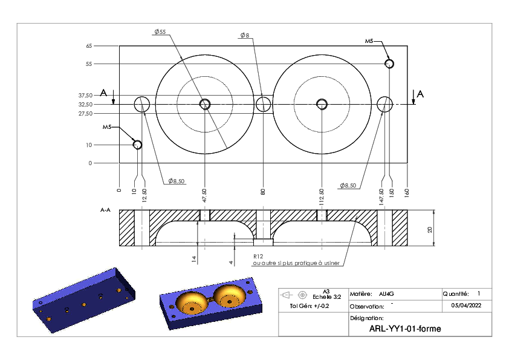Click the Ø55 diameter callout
[160, 31]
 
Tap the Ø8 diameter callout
[245, 35]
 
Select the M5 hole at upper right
[389, 64]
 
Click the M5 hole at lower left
[138, 145]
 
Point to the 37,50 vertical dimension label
[85, 95]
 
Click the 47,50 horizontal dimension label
[204, 195]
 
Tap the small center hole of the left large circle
[205, 104]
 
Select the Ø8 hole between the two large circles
[263, 104]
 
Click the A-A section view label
[105, 210]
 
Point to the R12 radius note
[258, 257]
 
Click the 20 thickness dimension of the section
[430, 230]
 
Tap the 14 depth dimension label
[194, 259]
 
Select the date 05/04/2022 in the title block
[466, 306]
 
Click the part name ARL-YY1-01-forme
[405, 329]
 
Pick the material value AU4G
[386, 294]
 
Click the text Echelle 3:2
[327, 297]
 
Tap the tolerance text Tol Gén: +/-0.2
[310, 306]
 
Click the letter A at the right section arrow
[420, 94]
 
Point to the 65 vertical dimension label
[89, 46]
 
